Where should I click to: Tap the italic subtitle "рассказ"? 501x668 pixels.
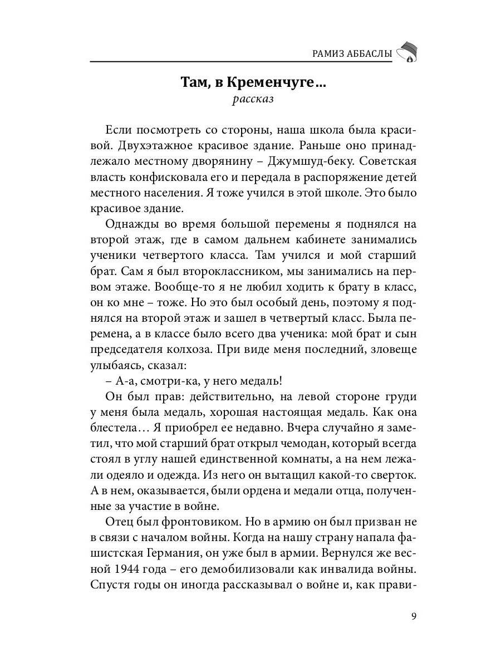(253, 100)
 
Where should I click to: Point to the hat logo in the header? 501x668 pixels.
(407, 51)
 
